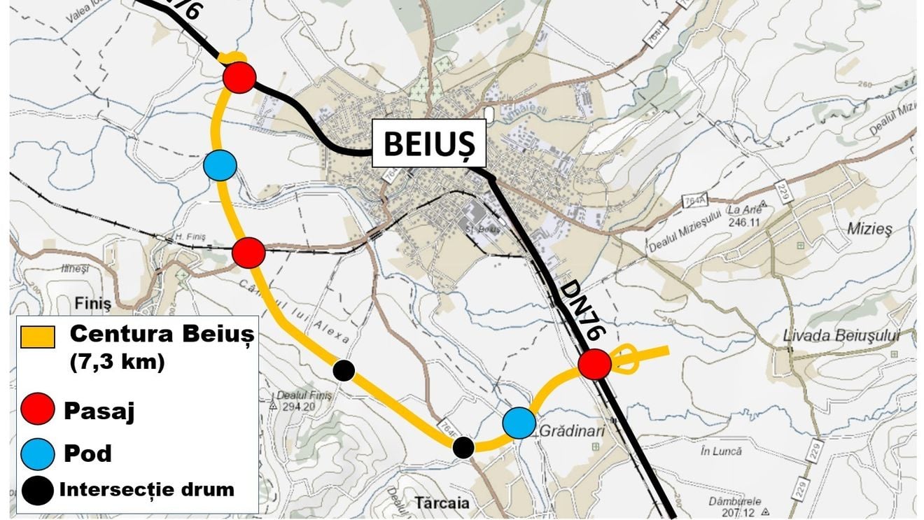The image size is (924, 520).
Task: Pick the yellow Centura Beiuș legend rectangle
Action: pyautogui.click(x=38, y=337)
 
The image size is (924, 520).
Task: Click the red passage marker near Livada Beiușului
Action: pyautogui.click(x=595, y=364)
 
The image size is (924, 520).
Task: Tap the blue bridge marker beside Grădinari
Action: pyautogui.click(x=519, y=422)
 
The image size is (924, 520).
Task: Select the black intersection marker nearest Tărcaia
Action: pyautogui.click(x=463, y=447)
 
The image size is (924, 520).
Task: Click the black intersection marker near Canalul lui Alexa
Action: pyautogui.click(x=343, y=370)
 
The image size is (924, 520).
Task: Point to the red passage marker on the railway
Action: pyautogui.click(x=248, y=253)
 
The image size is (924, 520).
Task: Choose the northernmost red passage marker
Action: pyautogui.click(x=239, y=76)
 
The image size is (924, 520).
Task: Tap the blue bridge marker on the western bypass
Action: pyautogui.click(x=220, y=165)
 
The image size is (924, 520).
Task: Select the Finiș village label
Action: pyautogui.click(x=92, y=304)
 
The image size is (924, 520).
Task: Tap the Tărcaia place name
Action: pyautogui.click(x=442, y=503)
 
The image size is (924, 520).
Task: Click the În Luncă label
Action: pyautogui.click(x=720, y=451)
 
